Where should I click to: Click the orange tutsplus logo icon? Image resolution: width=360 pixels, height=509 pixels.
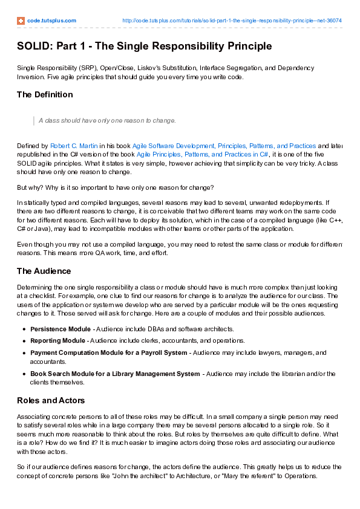click(x=21, y=21)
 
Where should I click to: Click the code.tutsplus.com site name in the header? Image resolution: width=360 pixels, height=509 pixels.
click(x=51, y=21)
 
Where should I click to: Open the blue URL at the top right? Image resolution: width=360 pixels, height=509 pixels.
click(x=232, y=21)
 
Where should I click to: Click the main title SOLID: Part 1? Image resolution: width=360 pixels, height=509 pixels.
click(x=144, y=46)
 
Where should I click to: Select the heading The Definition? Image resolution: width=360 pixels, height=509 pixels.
click(x=45, y=94)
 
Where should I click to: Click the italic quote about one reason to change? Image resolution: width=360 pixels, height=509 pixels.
click(x=107, y=120)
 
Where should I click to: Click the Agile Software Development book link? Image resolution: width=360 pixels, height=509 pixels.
click(x=224, y=146)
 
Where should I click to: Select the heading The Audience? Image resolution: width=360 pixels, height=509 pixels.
click(x=44, y=271)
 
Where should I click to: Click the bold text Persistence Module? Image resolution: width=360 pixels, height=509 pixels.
click(x=61, y=329)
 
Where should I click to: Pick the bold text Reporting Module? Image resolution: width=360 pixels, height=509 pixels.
click(x=58, y=341)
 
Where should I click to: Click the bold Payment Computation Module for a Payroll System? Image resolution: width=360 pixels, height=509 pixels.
click(x=109, y=352)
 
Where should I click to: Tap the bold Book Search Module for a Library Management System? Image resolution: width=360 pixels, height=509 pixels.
click(x=115, y=374)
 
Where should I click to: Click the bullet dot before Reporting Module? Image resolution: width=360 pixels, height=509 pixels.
click(x=24, y=341)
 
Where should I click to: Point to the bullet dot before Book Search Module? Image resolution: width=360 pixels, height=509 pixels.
click(x=24, y=374)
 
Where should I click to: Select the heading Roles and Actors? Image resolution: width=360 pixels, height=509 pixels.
click(x=51, y=400)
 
